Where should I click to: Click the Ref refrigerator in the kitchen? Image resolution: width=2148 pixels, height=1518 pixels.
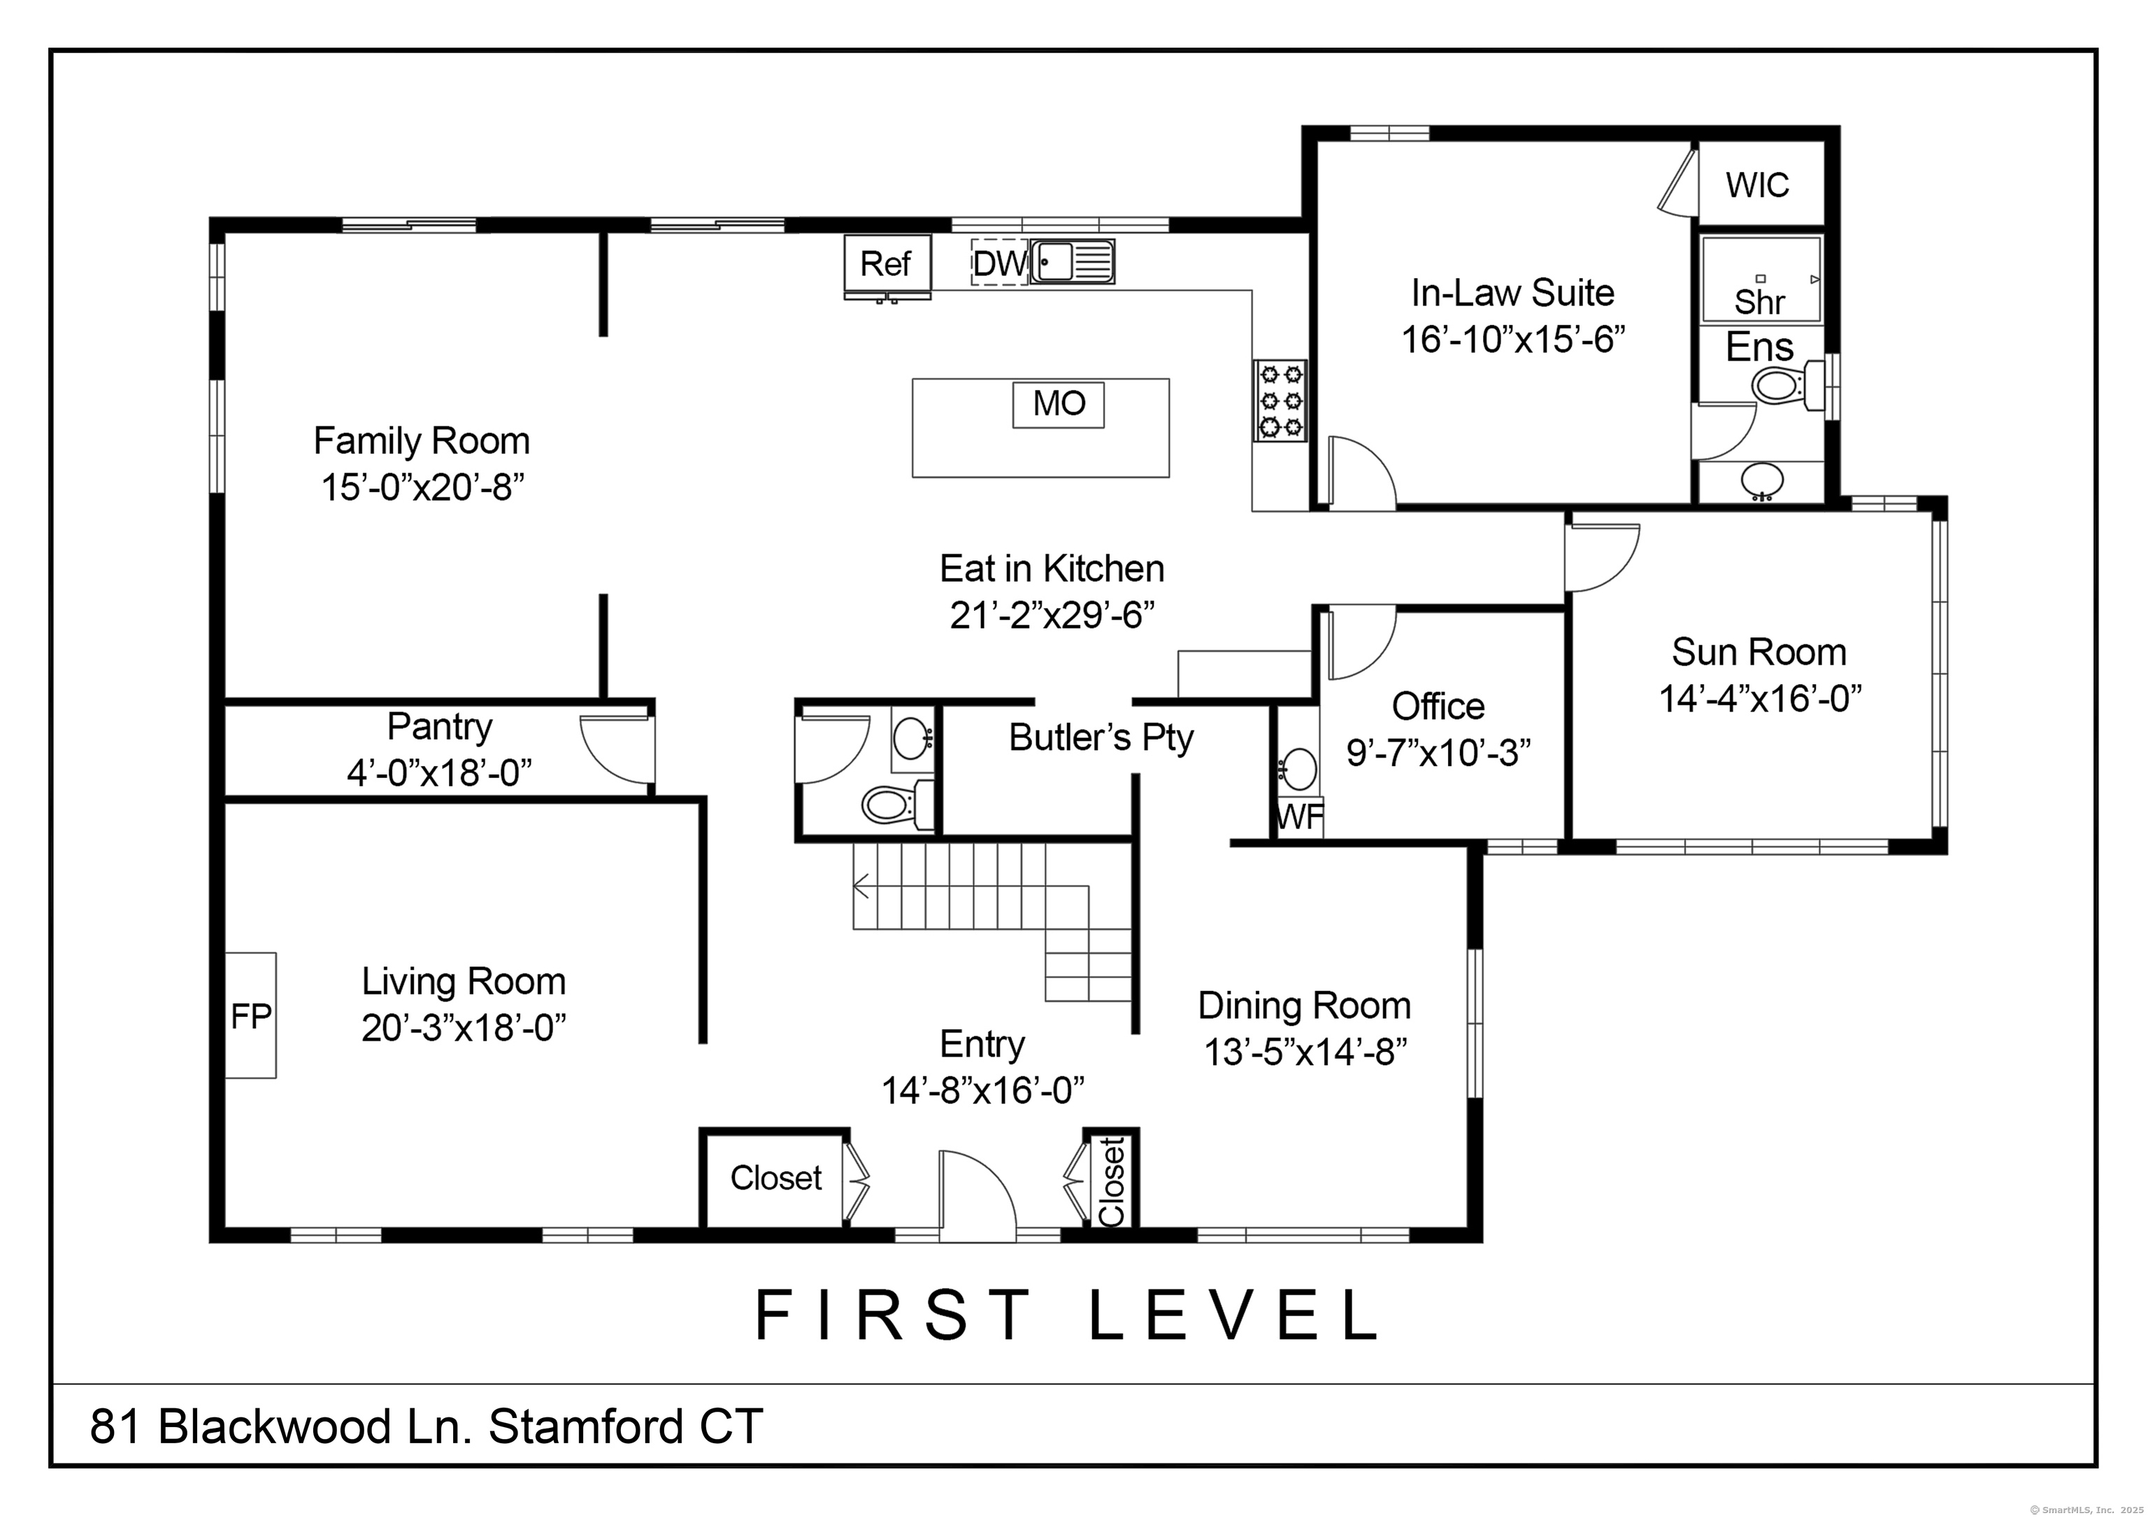(x=887, y=266)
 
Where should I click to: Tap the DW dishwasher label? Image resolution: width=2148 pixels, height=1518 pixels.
(x=1000, y=263)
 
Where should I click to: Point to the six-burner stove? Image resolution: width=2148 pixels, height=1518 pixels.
(x=1281, y=400)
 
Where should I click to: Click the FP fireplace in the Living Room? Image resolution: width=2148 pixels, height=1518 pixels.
(x=251, y=1015)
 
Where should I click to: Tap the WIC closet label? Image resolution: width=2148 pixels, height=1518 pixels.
(x=1757, y=185)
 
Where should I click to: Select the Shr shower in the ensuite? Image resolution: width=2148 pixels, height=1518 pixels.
(x=1761, y=279)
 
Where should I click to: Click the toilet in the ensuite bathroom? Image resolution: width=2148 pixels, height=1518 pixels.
(x=1788, y=384)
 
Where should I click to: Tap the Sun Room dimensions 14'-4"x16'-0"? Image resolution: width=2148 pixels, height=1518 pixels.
(x=1760, y=699)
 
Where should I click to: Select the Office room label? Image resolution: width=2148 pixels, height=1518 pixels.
(x=1438, y=706)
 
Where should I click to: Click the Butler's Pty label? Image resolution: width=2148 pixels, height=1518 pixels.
(x=1101, y=738)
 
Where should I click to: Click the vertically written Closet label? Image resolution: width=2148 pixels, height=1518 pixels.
(x=1112, y=1181)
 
